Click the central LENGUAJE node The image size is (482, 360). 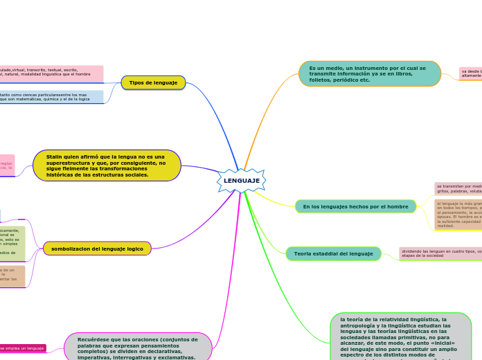(241, 181)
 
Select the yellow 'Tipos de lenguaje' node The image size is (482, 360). (153, 83)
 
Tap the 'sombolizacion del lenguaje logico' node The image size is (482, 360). (97, 249)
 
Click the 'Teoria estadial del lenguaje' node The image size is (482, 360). (333, 254)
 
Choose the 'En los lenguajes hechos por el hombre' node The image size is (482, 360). (355, 206)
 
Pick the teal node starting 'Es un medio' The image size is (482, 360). (370, 74)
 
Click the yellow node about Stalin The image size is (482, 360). (107, 166)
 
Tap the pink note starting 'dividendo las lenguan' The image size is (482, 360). (440, 253)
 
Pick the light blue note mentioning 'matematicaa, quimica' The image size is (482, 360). (52, 97)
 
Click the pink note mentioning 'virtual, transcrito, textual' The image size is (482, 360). (52, 73)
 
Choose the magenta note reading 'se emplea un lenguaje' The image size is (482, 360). (23, 348)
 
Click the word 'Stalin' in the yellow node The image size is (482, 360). (55, 156)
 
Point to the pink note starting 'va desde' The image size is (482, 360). (471, 73)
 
